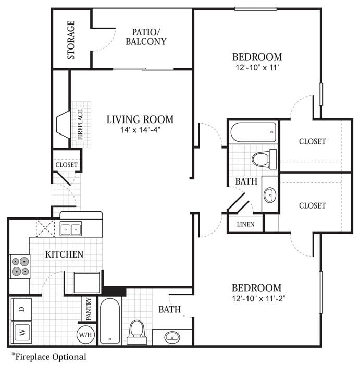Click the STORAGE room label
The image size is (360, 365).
[71, 40]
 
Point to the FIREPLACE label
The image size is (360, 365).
[81, 125]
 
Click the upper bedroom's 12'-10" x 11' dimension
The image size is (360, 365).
[257, 68]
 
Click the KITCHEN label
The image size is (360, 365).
[64, 254]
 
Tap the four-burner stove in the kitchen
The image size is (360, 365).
[20, 266]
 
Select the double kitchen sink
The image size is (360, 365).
[71, 228]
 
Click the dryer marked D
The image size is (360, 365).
[21, 309]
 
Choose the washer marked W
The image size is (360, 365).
[21, 331]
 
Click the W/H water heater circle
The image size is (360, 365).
[85, 334]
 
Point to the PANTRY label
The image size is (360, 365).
[89, 309]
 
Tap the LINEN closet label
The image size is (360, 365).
[245, 224]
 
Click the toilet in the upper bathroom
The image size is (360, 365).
[264, 157]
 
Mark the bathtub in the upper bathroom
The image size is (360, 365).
[253, 132]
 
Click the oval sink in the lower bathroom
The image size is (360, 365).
[172, 337]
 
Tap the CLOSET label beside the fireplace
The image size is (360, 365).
[67, 165]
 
